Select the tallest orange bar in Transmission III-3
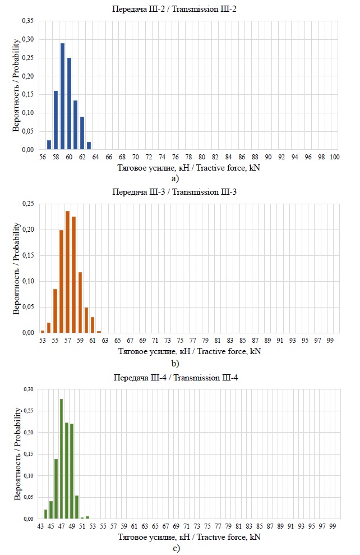(x=67, y=272)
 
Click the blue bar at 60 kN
(x=69, y=104)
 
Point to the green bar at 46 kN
(x=56, y=489)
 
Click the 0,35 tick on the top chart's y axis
(x=27, y=21)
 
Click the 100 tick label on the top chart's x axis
(x=334, y=158)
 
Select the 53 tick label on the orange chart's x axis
(x=43, y=341)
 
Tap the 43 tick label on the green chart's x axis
(x=40, y=527)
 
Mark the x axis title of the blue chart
(x=189, y=168)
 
